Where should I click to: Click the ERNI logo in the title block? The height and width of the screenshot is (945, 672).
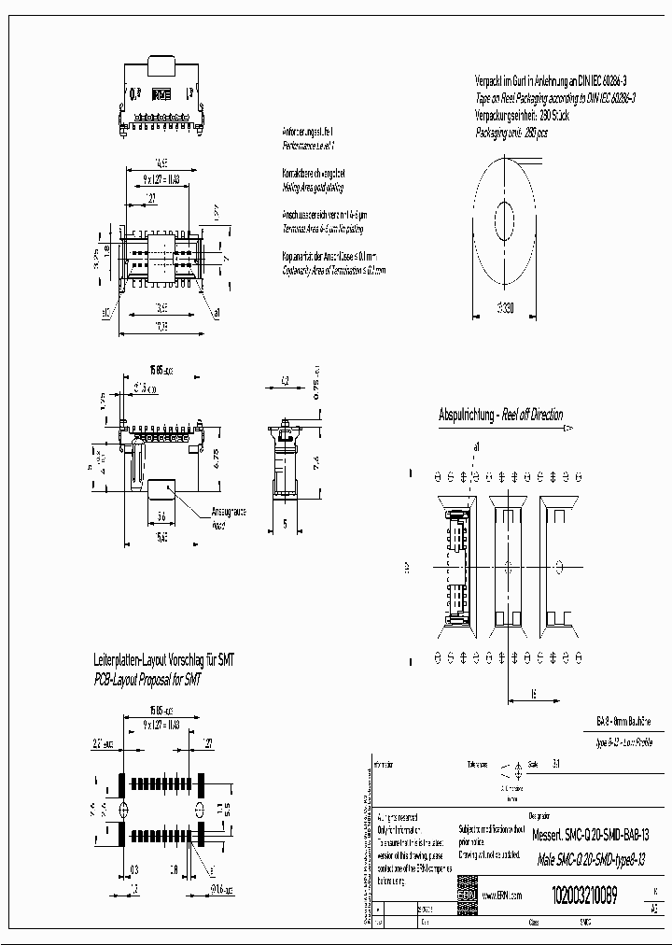tap(466, 895)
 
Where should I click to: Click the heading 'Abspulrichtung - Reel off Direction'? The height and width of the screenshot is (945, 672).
tap(501, 415)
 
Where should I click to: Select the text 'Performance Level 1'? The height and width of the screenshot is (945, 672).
tap(307, 147)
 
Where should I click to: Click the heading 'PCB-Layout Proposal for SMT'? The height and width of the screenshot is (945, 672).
tap(147, 679)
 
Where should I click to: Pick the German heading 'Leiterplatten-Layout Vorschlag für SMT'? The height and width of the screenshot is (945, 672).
tap(163, 659)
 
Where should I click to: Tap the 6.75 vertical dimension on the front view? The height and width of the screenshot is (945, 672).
tap(216, 458)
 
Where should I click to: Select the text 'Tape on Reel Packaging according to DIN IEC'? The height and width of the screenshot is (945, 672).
tap(556, 96)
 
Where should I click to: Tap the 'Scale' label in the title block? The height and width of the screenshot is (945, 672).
tap(533, 763)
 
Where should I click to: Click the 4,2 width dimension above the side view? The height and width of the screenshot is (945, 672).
tap(285, 379)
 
